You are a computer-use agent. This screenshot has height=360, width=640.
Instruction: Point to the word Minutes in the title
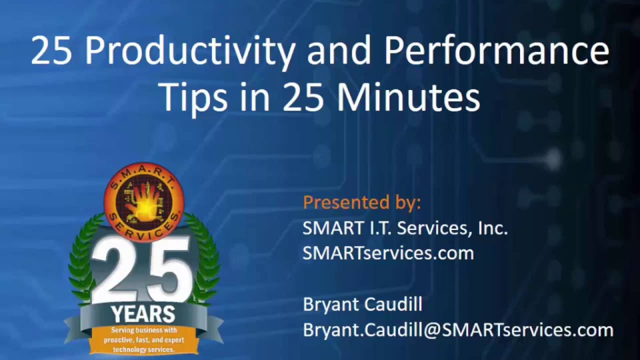tap(408, 97)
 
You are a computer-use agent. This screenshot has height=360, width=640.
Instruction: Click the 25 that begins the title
tap(52, 51)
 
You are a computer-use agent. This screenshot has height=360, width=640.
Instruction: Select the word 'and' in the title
tap(339, 51)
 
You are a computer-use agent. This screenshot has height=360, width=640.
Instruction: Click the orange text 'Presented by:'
tap(362, 202)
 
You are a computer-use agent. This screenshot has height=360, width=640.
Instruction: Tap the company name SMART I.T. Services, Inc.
tap(405, 228)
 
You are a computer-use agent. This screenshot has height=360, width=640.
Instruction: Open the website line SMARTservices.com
tap(388, 253)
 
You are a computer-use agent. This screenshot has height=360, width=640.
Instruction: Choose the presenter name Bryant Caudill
tap(362, 304)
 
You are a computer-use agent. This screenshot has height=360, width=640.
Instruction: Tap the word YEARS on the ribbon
tap(143, 314)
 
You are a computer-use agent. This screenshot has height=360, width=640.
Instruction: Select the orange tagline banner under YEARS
tap(143, 340)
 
